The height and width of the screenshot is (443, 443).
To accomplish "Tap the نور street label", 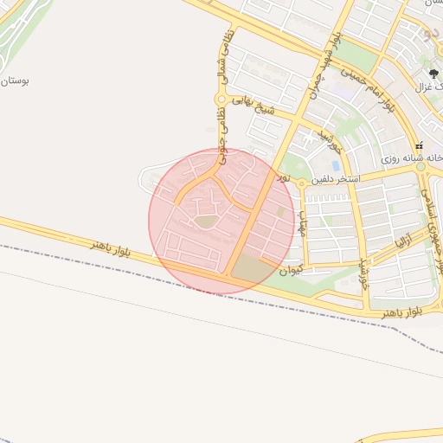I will tap(281, 177).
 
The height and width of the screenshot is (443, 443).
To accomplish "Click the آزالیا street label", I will tap(404, 236).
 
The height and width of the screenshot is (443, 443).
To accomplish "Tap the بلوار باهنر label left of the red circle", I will tap(115, 248).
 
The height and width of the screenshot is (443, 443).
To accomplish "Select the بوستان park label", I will tap(15, 80).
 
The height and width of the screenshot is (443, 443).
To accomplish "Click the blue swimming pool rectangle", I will tap(336, 165).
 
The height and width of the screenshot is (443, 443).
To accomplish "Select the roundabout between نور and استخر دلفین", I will tap(299, 183).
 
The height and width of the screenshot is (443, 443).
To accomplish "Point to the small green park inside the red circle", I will tap(205, 222).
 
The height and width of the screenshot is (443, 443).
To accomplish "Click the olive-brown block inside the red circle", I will tap(252, 268).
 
